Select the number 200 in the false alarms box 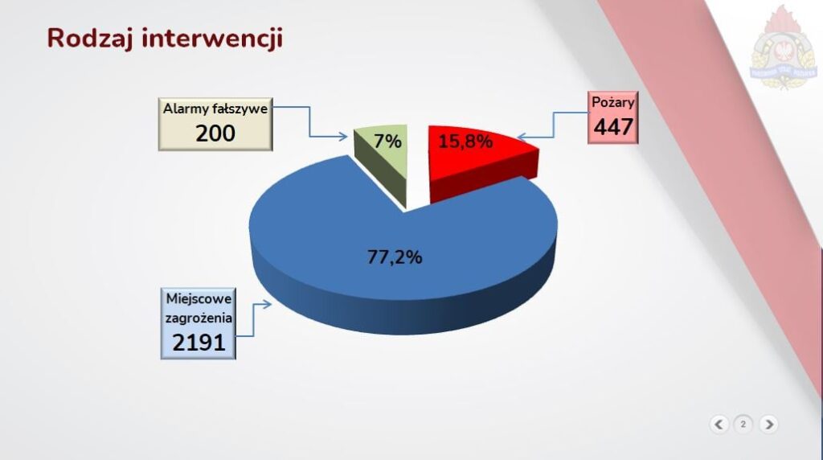[215, 133]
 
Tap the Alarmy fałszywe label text [215, 109]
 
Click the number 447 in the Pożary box [613, 126]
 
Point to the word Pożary [613, 102]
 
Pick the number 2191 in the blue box [199, 343]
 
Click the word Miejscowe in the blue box [199, 299]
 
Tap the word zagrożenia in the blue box [199, 318]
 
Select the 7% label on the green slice [388, 142]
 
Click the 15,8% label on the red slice [465, 142]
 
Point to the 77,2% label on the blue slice [395, 257]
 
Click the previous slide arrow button [719, 425]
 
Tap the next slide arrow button [769, 425]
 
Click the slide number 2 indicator [743, 425]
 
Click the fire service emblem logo [784, 48]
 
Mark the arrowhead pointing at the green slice [342, 137]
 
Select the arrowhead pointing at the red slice [522, 138]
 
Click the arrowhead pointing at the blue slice [266, 304]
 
